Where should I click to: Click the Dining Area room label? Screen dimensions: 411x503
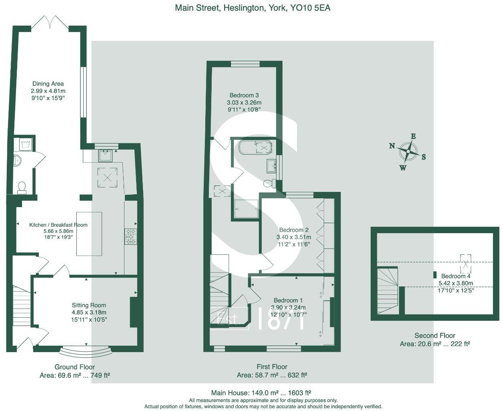pos(48,84)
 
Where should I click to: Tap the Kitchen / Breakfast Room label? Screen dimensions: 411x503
pos(58,225)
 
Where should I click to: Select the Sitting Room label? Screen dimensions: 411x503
pos(89,305)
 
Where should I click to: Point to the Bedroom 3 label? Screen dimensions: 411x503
pos(244,95)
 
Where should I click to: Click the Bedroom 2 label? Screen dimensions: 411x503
pos(294,230)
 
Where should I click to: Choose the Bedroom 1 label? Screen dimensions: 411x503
pos(288,300)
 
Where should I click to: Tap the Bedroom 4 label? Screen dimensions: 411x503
pos(456,276)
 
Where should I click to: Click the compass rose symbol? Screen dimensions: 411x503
pos(408,152)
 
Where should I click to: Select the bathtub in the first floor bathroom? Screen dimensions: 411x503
pos(255,147)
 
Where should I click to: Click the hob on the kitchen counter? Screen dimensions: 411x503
pos(130,236)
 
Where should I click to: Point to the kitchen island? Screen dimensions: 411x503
pos(89,234)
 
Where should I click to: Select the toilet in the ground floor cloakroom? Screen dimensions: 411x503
pos(22,187)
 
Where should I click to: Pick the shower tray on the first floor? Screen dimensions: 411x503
pos(246,209)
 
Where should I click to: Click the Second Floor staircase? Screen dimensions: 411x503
pos(387,290)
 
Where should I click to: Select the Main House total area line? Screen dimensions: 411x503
pos(261,393)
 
